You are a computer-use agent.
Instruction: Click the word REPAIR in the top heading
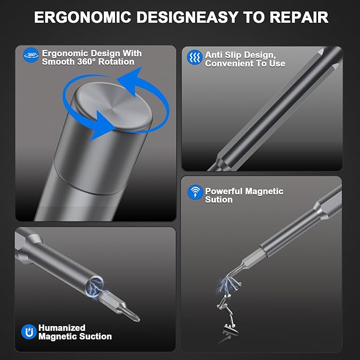tap(299, 17)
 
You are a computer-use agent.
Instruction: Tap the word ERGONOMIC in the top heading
tap(83, 17)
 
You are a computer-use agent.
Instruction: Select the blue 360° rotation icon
tap(31, 55)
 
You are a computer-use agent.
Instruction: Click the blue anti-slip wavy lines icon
tap(195, 57)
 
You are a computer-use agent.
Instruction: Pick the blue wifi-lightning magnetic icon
tap(195, 192)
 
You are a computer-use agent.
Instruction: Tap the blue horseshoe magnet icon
tap(29, 332)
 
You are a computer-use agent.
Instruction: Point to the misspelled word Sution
tap(219, 199)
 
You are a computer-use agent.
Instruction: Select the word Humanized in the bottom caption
tap(62, 328)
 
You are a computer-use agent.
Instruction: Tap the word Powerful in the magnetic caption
tap(224, 191)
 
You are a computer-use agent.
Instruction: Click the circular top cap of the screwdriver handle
tap(113, 106)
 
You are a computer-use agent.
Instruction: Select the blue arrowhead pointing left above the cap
tap(130, 81)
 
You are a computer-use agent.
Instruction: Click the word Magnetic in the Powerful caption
tap(264, 191)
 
